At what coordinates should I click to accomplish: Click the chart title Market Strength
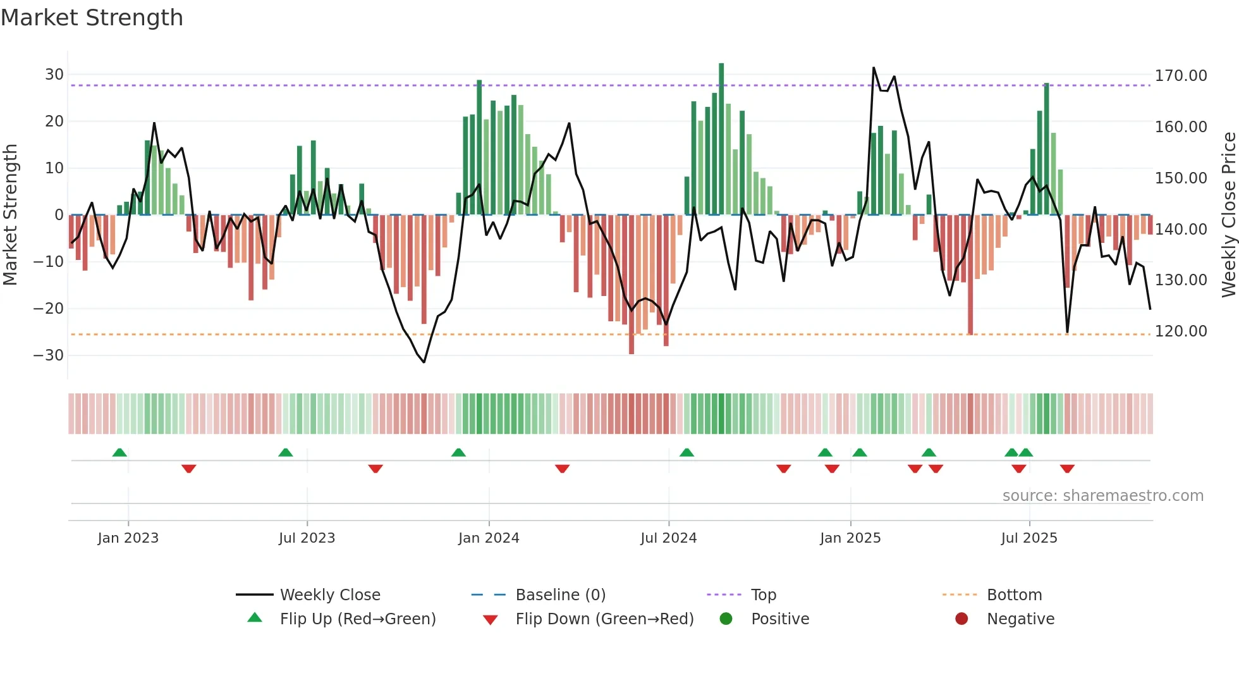92,18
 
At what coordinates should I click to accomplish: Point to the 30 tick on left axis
54,75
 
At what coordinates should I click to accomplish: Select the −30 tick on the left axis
49,355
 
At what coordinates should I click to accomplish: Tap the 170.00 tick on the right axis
1180,76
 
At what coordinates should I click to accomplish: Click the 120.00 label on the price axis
1180,331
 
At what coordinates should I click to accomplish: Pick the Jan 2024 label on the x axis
489,538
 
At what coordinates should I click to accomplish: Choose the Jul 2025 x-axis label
1028,538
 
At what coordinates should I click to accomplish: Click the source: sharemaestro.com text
1102,496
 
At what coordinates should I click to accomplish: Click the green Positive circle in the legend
726,619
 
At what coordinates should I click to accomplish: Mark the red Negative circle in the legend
961,619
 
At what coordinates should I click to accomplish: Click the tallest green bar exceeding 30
721,139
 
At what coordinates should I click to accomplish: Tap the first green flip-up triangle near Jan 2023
119,452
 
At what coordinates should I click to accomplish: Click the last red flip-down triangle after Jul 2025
1067,469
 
